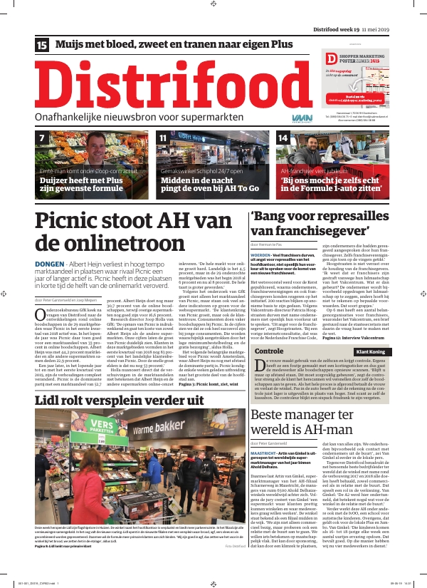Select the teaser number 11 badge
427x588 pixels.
coord(163,138)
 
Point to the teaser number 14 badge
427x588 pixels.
coord(283,138)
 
